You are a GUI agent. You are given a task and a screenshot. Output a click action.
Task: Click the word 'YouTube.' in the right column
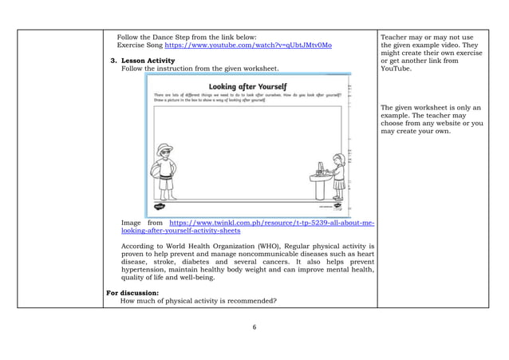click(398, 69)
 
